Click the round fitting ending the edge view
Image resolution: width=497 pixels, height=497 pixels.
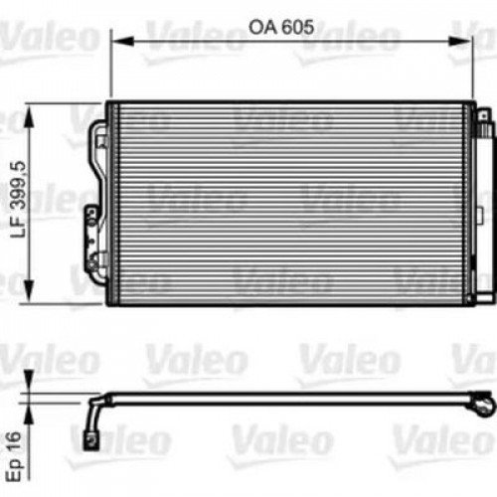[x=483, y=405]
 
